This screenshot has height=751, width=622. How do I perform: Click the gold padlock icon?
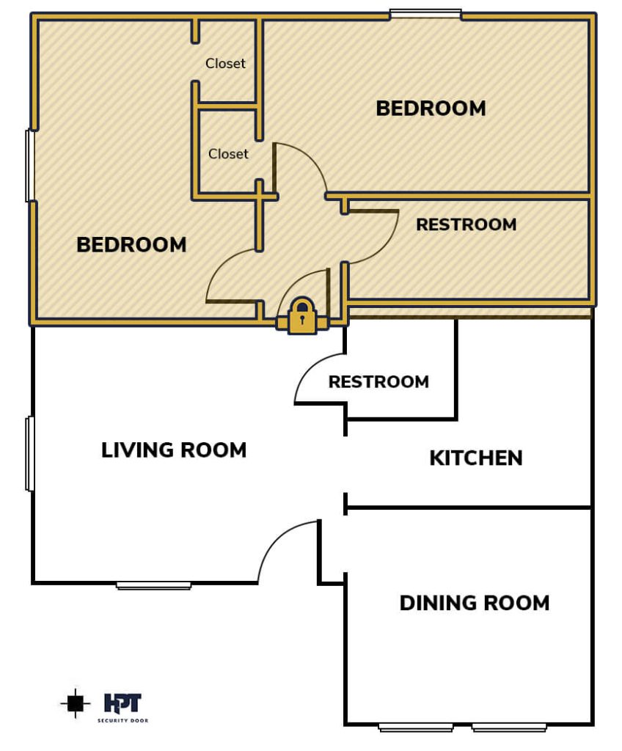click(x=302, y=316)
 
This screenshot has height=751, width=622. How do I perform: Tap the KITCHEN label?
click(x=476, y=458)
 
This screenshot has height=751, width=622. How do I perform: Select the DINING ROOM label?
click(x=475, y=603)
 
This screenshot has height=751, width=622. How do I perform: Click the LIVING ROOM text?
click(x=174, y=450)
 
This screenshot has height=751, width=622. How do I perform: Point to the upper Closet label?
click(x=225, y=63)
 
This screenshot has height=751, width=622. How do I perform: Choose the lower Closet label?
click(x=228, y=154)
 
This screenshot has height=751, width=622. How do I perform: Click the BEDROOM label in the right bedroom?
click(x=431, y=109)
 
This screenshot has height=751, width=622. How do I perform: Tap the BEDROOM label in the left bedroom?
click(x=131, y=245)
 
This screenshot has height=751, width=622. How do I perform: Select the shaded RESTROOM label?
click(x=466, y=224)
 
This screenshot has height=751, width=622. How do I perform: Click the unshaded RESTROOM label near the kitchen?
click(x=378, y=381)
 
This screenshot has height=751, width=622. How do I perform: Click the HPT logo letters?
click(x=122, y=703)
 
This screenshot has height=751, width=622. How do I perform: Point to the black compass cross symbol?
click(x=76, y=703)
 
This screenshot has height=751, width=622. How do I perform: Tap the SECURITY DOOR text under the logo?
click(x=122, y=720)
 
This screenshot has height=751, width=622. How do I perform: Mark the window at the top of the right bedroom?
click(x=425, y=15)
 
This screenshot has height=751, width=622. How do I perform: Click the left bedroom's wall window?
click(x=30, y=165)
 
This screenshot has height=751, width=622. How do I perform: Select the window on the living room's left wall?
click(x=30, y=453)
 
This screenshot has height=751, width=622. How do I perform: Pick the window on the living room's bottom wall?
click(x=154, y=585)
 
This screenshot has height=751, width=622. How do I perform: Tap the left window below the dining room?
click(x=416, y=728)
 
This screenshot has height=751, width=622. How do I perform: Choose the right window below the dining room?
click(x=509, y=728)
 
